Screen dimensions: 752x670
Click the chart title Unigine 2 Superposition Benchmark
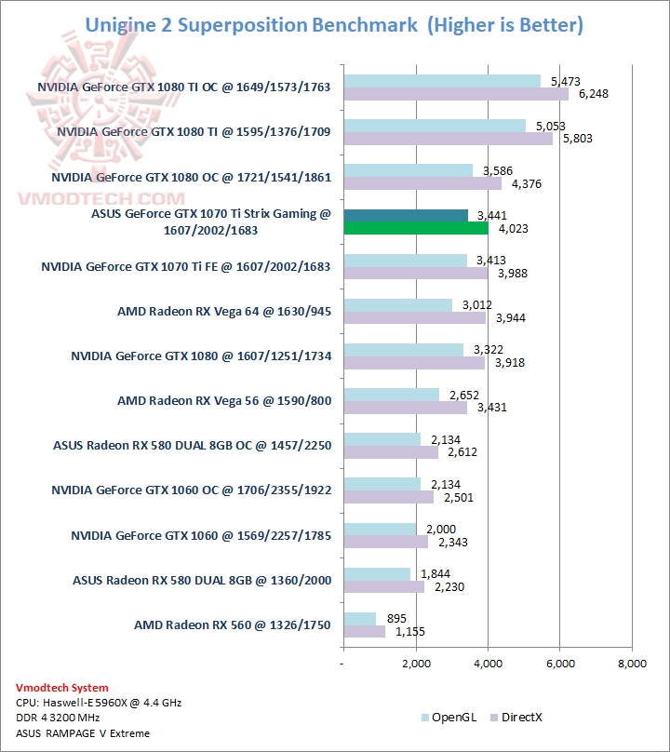[251, 25]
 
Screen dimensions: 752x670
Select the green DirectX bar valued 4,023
[416, 229]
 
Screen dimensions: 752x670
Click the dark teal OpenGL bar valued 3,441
[406, 216]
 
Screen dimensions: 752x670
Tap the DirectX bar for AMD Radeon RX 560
[364, 632]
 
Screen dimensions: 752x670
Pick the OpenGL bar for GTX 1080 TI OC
[442, 81]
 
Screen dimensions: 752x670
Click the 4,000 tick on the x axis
[488, 664]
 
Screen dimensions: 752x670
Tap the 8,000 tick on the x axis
[631, 664]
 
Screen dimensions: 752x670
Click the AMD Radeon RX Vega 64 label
[224, 310]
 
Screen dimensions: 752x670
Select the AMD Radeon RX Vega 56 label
[224, 399]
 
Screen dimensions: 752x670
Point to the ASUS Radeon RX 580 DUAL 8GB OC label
[193, 444]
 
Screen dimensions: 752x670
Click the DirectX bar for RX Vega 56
[406, 408]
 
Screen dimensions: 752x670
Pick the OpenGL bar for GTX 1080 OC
[408, 170]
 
